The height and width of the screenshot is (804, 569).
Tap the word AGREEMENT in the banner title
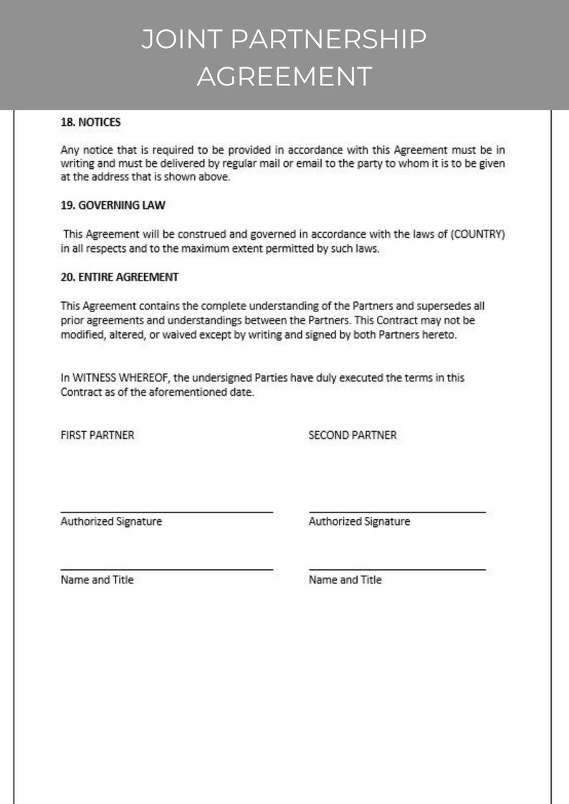(x=284, y=75)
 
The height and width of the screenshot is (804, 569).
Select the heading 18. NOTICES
(x=90, y=122)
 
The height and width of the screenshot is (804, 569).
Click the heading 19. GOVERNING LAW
(x=113, y=205)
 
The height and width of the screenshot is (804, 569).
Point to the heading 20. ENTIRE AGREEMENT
(x=120, y=276)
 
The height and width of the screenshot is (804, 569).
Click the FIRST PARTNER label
(x=97, y=435)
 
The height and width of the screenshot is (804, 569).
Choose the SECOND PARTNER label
(x=353, y=435)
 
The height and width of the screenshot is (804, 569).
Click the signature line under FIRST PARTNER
(x=166, y=512)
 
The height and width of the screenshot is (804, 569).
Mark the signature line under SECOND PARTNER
(x=397, y=512)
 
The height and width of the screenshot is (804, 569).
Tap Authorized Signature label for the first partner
(x=111, y=522)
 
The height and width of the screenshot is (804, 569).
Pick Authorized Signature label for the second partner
(x=359, y=522)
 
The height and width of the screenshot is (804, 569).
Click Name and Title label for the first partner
(x=97, y=580)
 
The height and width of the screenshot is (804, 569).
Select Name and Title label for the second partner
(x=345, y=580)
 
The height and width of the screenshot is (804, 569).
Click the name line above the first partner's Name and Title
(x=166, y=570)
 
